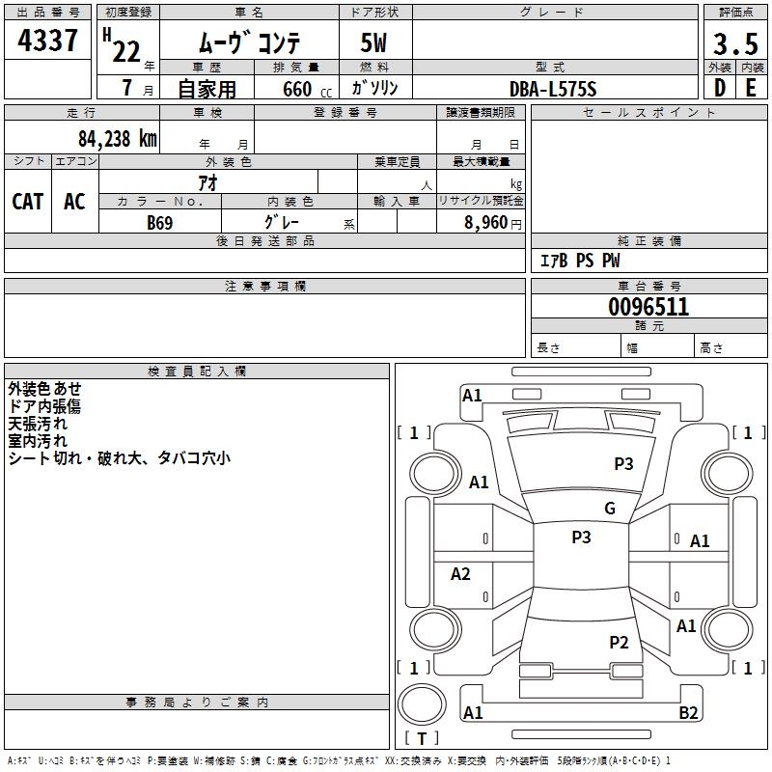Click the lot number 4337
(47, 41)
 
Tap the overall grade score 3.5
(735, 43)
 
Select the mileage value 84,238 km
(118, 139)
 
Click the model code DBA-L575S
(553, 89)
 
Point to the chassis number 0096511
(648, 307)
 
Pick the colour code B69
(160, 223)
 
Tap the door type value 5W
(373, 42)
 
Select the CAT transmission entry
(28, 202)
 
